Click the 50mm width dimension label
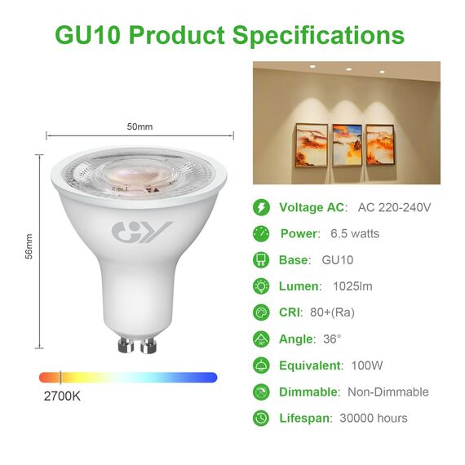139,126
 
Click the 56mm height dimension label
29,250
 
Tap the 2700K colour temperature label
61,396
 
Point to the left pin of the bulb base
126,344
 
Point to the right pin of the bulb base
148,345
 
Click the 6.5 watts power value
355,233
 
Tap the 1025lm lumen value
352,286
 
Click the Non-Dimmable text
388,392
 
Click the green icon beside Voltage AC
261,207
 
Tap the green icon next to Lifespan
261,418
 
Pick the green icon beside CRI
261,312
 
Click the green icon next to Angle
261,339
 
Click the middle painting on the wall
347,144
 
